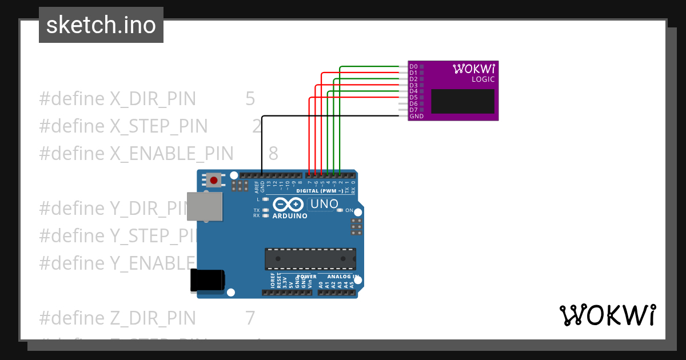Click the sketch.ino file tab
[x=101, y=25]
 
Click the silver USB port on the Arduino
[x=205, y=206]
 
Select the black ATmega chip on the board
[x=310, y=259]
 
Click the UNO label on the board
[x=324, y=204]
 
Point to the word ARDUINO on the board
[x=290, y=216]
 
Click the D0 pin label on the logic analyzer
[x=413, y=67]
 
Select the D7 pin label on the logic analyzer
[x=413, y=110]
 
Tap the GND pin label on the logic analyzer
[x=416, y=116]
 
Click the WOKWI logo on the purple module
[x=474, y=69]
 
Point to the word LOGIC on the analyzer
[x=483, y=79]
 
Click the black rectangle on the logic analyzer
[x=462, y=101]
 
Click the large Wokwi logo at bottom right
[x=607, y=315]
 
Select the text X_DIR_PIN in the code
[x=153, y=99]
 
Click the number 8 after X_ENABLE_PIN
[x=273, y=153]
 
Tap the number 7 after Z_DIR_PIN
[x=250, y=318]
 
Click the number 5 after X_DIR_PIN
[x=250, y=99]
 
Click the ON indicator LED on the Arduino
[x=340, y=210]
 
